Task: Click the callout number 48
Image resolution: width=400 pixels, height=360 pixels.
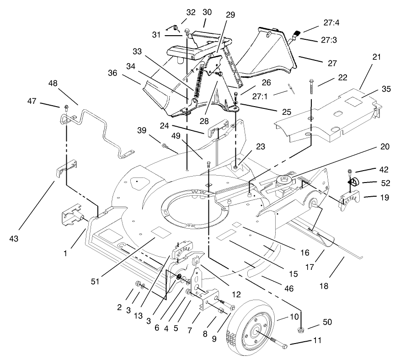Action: tap(52, 84)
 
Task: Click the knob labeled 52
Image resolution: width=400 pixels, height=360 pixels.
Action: tap(353, 183)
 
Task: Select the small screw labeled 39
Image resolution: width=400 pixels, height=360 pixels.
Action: tap(164, 146)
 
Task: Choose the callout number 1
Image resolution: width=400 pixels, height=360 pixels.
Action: tap(66, 253)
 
